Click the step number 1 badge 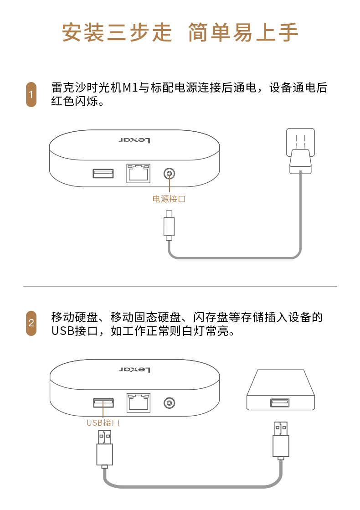[x=31, y=95]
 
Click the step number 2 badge [x=31, y=323]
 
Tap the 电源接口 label [x=169, y=199]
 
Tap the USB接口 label [x=103, y=422]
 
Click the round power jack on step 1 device [x=169, y=174]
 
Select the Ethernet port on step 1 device [x=139, y=173]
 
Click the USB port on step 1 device [x=103, y=173]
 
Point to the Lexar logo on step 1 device [x=134, y=140]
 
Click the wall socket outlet [x=300, y=143]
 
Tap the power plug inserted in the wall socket [x=300, y=161]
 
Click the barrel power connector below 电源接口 [x=169, y=226]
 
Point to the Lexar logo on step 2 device [x=134, y=370]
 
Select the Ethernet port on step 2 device [x=139, y=402]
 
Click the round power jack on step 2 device [x=169, y=403]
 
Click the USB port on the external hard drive [x=280, y=402]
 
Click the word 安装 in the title [x=83, y=32]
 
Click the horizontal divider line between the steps [x=180, y=286]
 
